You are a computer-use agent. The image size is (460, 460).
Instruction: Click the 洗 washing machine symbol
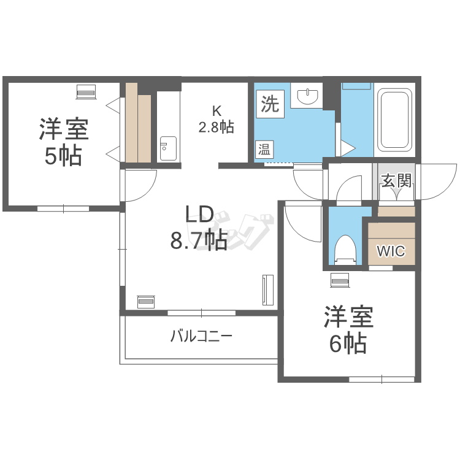coord(270,104)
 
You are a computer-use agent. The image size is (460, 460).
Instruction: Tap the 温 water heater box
coord(264,150)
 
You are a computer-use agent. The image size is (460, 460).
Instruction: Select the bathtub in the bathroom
coord(394,120)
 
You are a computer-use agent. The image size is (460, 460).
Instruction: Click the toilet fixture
coord(345,250)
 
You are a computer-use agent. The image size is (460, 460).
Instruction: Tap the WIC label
coord(391,251)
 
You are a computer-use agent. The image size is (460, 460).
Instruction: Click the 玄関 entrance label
coord(396,180)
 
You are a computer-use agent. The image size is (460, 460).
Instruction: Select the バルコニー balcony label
coord(202,336)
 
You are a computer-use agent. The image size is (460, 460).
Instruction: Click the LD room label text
coord(199,214)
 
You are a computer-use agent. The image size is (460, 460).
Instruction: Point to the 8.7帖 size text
coord(199,240)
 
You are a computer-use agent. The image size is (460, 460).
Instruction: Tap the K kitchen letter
coord(217,110)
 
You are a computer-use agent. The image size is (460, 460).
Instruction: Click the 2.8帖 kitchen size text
coord(217,128)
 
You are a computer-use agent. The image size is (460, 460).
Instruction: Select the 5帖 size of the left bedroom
coord(63,156)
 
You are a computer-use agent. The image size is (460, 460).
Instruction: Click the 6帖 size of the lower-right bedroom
coord(348,343)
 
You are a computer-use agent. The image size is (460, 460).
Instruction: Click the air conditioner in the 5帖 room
coord(86,92)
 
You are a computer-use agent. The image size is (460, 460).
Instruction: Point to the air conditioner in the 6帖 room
coord(340,280)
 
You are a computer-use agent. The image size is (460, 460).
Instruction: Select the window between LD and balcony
coord(202,313)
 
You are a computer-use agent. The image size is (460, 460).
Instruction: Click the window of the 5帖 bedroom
coord(63,209)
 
